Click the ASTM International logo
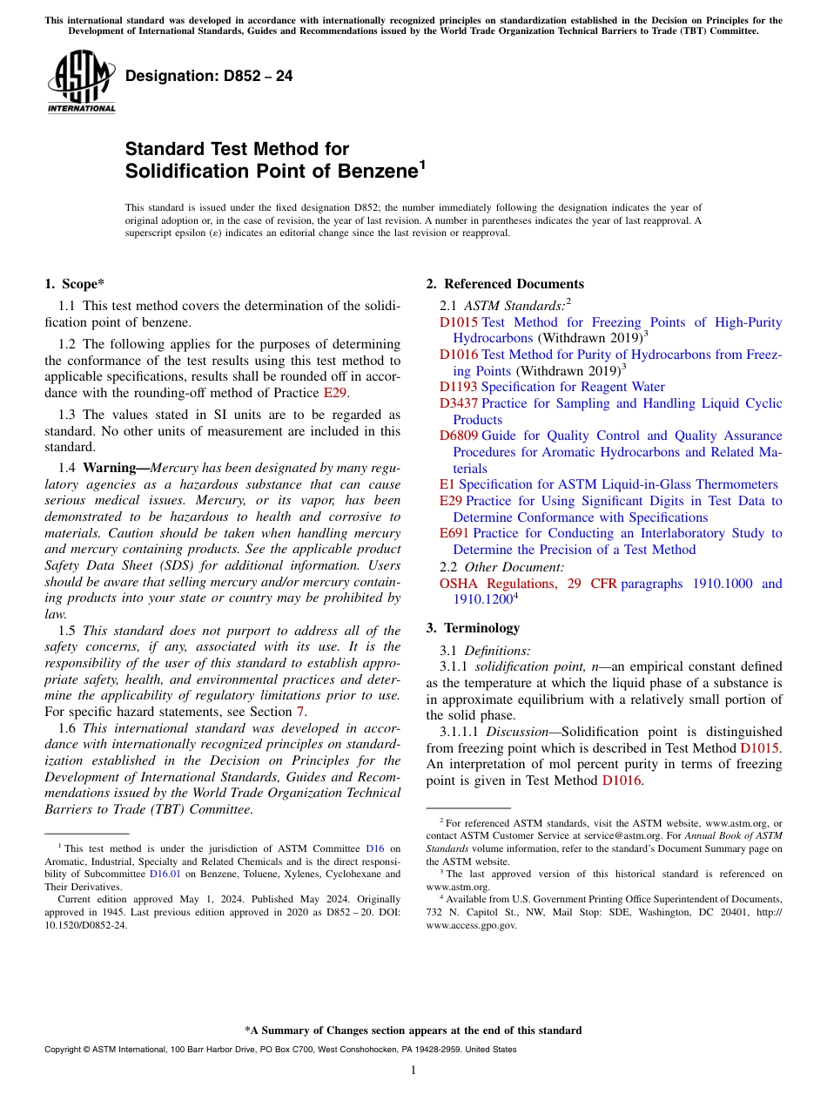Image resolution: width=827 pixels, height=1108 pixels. [x=81, y=82]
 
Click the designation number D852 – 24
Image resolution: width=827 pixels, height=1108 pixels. [x=209, y=77]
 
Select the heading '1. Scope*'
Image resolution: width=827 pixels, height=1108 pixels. [x=75, y=284]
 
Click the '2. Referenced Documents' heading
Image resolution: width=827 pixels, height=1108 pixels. [x=505, y=284]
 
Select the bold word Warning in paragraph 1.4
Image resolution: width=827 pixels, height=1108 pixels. [x=113, y=468]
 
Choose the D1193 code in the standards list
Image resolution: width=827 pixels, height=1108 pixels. [x=458, y=387]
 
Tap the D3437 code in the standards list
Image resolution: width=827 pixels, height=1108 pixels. [x=458, y=403]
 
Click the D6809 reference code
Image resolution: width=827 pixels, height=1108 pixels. [x=458, y=436]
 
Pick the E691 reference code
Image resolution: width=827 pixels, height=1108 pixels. [x=454, y=533]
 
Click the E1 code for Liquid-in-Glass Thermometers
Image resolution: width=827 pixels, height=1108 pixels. [x=447, y=484]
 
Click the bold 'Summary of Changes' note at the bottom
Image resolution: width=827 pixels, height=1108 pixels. [x=413, y=1030]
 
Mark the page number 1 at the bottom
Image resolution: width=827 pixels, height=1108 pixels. [x=413, y=1071]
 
